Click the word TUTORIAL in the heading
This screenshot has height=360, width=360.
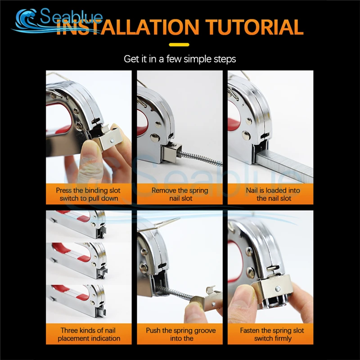point(254,27)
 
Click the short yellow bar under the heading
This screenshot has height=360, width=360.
point(179,45)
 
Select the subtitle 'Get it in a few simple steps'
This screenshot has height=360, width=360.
point(180,59)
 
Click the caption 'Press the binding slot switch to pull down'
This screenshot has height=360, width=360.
point(89,194)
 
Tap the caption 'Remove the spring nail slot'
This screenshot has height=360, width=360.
point(180,194)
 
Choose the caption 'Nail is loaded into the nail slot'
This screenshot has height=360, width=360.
point(273,194)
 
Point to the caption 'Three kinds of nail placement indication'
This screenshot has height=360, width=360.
point(89,334)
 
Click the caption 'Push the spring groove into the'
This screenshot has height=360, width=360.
point(181,334)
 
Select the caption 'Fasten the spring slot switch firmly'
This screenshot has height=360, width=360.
point(272,334)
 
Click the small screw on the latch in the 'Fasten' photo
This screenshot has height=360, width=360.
point(278,288)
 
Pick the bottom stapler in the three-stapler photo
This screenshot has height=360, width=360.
point(77,301)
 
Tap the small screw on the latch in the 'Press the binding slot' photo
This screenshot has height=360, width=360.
point(112,140)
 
